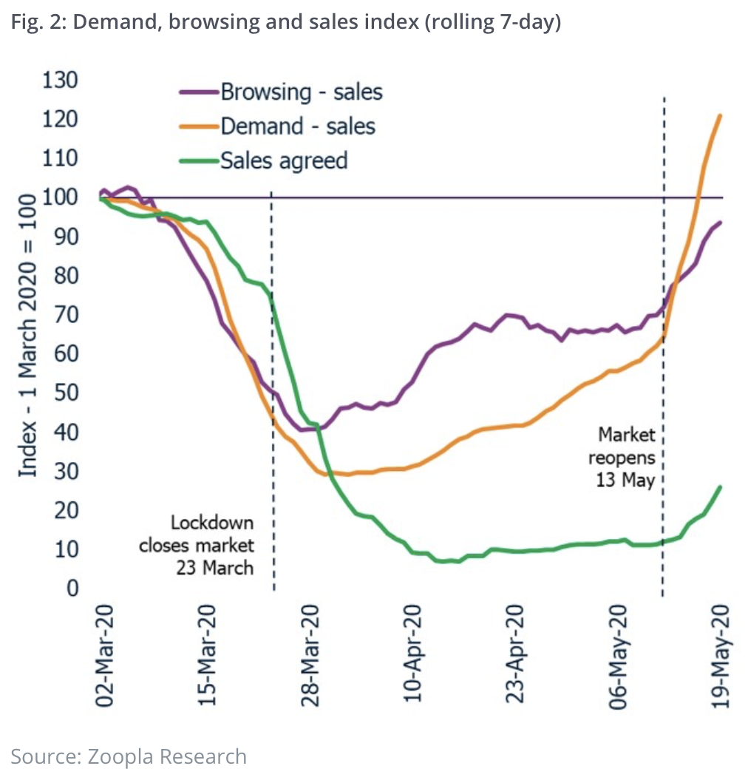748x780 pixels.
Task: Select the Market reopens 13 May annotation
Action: click(625, 457)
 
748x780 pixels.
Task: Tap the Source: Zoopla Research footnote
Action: click(129, 756)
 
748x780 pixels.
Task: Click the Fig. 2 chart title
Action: click(286, 23)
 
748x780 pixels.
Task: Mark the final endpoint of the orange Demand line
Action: click(720, 115)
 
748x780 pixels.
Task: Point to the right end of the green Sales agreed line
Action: click(721, 486)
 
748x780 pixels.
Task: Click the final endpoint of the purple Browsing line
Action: click(721, 223)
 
